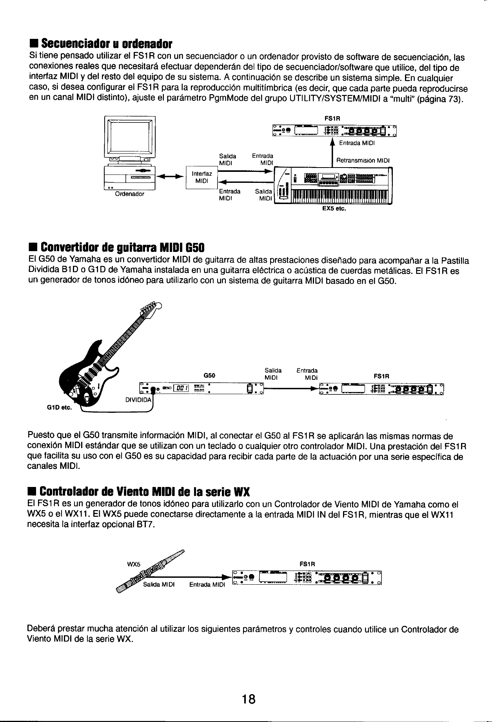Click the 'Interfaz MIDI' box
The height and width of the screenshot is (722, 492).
click(202, 177)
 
